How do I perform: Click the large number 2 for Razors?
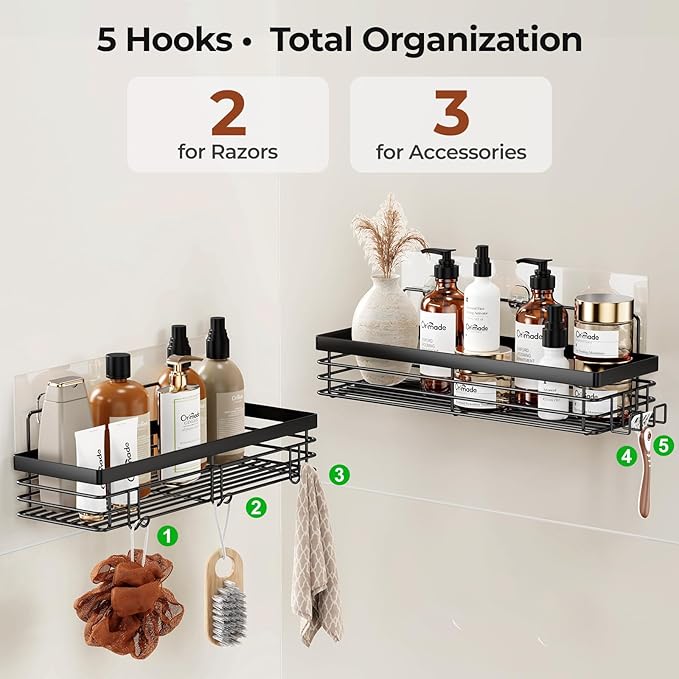pos(227,113)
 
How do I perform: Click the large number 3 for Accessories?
pos(450,113)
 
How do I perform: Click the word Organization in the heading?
pos(473,39)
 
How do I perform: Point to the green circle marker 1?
pos(168,535)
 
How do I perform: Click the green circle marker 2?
pos(257,507)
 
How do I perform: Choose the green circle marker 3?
pos(340,474)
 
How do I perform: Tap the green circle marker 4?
pos(627,456)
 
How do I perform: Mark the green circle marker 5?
pos(665,443)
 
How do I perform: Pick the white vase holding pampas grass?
pos(384,318)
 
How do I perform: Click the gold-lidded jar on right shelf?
pos(603,325)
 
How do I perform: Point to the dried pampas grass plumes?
pos(388,235)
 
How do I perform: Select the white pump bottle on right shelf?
pos(482,300)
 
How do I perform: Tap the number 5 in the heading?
pos(108,39)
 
